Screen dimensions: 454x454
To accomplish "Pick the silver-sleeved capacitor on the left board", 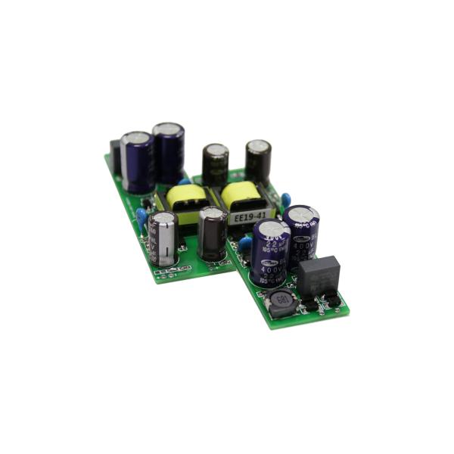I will [163, 238].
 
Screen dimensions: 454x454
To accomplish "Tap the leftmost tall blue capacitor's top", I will [136, 139].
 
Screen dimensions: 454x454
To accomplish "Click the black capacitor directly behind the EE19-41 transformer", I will [258, 160].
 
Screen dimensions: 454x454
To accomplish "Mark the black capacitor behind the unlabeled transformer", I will [216, 163].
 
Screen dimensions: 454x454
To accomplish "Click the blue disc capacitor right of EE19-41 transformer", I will [285, 199].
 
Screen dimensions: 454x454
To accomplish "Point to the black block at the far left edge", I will [116, 155].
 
